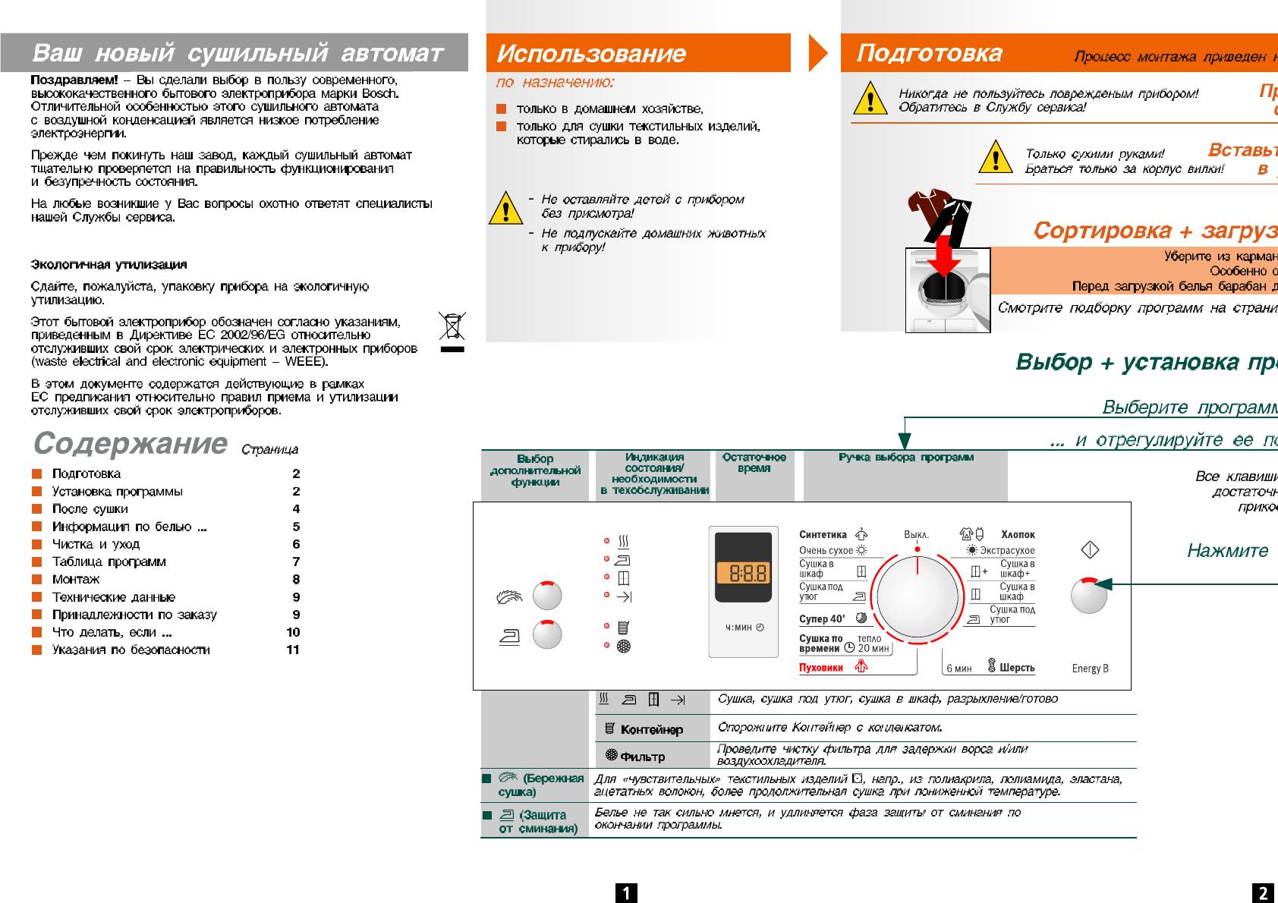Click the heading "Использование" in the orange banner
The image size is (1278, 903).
pos(591,54)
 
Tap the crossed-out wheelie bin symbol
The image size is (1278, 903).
pos(452,327)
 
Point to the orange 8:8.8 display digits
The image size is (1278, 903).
pos(748,573)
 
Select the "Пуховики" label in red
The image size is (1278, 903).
pos(821,668)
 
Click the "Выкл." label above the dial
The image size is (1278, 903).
pos(916,535)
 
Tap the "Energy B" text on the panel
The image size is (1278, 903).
pos(1090,669)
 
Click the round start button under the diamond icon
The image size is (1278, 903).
pos(1088,595)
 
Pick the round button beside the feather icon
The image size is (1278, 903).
pos(547,596)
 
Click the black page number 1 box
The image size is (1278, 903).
pos(626,893)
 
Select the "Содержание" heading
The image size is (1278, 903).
pos(131,443)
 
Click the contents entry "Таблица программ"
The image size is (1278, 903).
pos(109,562)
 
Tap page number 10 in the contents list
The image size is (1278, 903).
pos(293,632)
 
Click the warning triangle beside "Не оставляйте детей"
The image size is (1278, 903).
pos(505,208)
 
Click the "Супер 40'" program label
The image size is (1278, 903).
pos(822,619)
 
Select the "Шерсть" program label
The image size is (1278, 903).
pos(1016,668)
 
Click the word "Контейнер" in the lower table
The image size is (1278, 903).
pos(651,730)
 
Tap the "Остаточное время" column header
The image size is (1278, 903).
pos(754,463)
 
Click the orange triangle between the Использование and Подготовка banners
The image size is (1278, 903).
pos(817,52)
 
